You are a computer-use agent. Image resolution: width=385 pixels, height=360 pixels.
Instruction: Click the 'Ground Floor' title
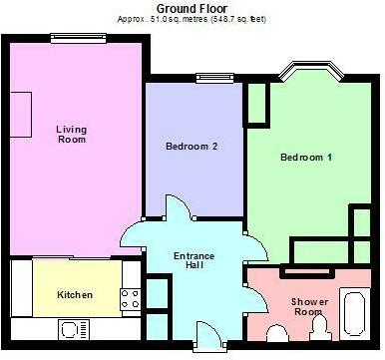click(x=192, y=7)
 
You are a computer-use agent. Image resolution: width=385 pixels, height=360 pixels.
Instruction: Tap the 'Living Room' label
click(x=71, y=134)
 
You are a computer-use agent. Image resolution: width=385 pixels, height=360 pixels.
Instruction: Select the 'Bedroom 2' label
click(x=192, y=147)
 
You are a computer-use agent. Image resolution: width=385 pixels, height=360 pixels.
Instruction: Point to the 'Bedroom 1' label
click(x=306, y=158)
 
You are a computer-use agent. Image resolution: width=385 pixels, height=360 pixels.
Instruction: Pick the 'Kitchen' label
click(x=75, y=295)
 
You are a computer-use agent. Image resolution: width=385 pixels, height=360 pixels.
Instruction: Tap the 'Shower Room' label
click(x=308, y=306)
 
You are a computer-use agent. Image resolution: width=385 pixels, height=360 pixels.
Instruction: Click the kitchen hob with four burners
click(x=130, y=296)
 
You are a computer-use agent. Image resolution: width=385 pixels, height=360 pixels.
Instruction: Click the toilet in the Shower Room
click(x=315, y=325)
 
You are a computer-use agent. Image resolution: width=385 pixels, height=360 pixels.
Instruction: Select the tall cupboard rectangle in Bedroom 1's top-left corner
click(x=255, y=103)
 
